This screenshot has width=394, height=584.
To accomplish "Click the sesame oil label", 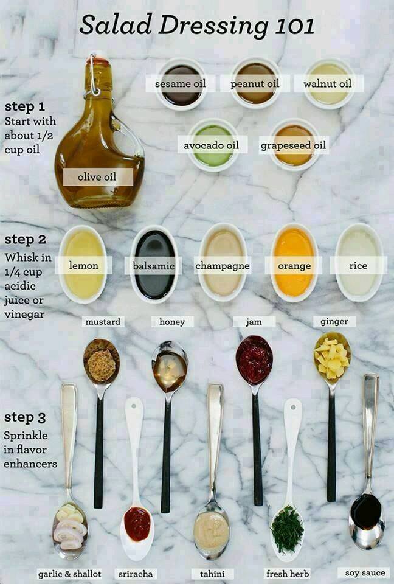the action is (180, 84).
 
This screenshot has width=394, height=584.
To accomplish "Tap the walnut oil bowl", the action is (328, 84).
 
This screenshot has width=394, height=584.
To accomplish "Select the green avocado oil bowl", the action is (213, 145).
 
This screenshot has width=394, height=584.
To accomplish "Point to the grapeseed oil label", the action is (293, 145).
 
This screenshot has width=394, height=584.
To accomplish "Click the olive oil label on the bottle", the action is (97, 177).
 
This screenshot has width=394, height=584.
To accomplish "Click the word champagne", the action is (223, 266).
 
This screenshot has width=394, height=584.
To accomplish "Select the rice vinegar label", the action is (358, 266).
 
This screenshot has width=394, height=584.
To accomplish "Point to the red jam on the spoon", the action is (254, 360).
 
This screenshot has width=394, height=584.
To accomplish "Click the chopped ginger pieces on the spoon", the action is (332, 358).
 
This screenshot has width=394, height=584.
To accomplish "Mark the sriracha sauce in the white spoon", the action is (137, 524).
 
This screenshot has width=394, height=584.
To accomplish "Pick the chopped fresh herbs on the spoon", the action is (287, 529).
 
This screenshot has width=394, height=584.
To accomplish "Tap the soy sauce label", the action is (365, 572).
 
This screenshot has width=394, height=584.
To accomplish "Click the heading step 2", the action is (26, 240).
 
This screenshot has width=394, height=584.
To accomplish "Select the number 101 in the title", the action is (295, 26).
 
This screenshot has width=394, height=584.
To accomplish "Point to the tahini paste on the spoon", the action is (211, 529).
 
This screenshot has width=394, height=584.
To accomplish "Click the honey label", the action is (172, 322).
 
